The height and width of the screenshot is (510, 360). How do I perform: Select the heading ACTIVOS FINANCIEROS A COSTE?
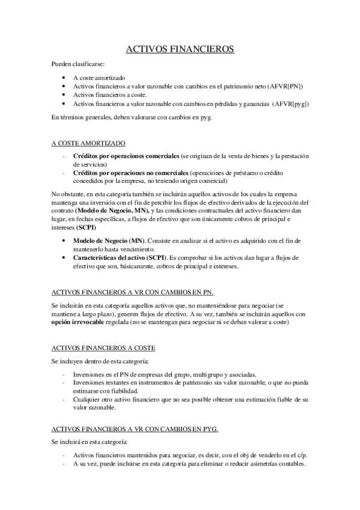[103, 348]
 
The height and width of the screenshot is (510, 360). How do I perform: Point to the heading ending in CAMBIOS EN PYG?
[135, 429]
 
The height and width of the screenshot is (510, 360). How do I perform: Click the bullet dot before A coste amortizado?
[64, 78]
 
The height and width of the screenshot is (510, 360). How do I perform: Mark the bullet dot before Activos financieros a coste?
[64, 95]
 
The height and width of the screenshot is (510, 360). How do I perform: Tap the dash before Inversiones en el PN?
[64, 373]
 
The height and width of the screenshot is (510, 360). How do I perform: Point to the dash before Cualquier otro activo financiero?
[64, 399]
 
